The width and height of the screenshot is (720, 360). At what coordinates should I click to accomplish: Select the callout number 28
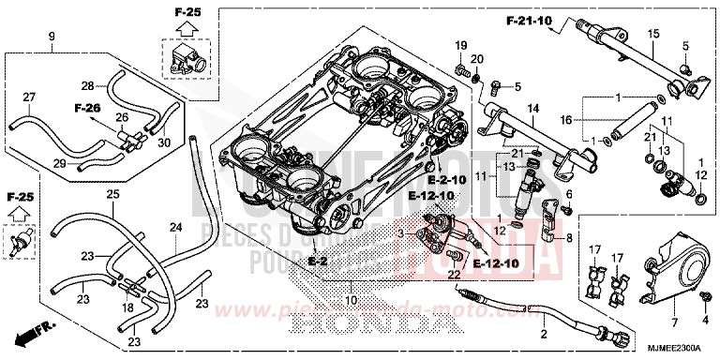pos(87,85)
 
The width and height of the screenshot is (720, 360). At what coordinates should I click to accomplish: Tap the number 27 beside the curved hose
pos(28,98)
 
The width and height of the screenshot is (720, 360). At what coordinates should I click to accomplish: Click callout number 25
pos(112,194)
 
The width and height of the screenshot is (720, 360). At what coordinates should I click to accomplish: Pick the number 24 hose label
pos(173,227)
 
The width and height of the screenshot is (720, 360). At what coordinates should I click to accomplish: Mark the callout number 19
pos(461,45)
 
